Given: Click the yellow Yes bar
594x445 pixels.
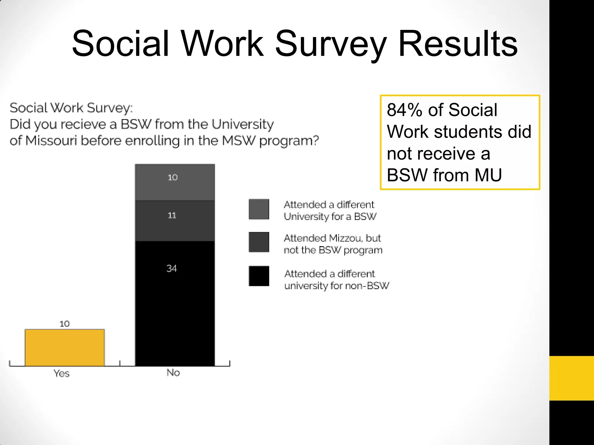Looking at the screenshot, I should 65,347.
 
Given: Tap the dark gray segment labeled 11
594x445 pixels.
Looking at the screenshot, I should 175,220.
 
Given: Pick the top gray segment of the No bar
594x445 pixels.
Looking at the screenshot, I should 175,182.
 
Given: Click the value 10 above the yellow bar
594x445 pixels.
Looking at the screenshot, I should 65,324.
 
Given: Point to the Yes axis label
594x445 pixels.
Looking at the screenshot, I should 61,373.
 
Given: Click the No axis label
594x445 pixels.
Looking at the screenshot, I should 173,373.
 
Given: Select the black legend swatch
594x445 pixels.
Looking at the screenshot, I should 259,276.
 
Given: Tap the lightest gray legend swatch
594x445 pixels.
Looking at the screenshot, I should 259,209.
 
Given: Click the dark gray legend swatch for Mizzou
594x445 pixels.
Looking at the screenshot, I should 259,242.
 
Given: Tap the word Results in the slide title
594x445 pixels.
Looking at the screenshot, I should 458,44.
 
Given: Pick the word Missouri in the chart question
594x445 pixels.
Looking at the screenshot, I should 51,141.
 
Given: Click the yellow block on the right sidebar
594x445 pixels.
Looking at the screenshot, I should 571,378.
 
